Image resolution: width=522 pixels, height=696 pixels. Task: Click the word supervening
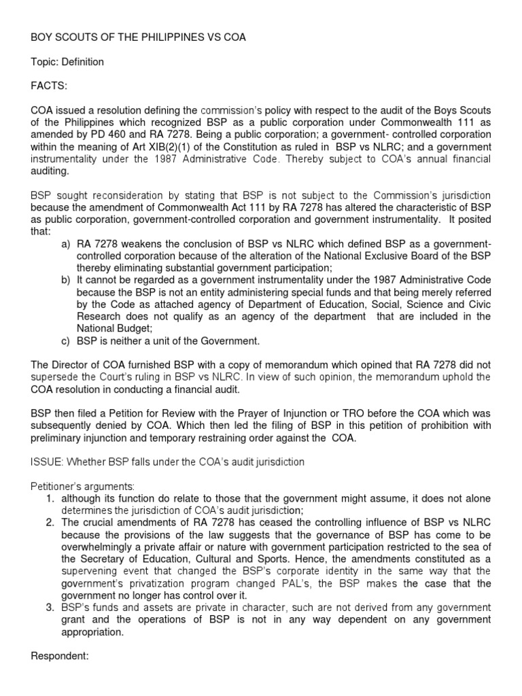tap(90, 572)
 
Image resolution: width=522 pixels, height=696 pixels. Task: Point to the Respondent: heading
tap(60, 657)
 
